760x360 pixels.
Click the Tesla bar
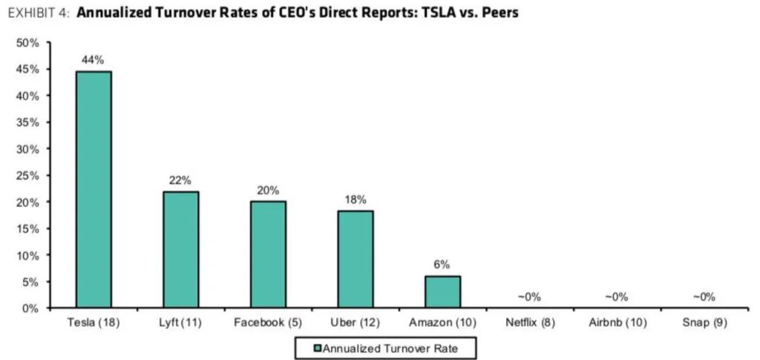click(93, 189)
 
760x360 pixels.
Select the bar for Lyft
click(180, 249)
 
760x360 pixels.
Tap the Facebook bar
click(268, 255)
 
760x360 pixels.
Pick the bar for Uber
click(356, 259)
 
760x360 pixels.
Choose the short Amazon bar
click(443, 292)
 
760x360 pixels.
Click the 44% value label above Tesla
click(93, 59)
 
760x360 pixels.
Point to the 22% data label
click(180, 180)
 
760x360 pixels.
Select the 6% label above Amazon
click(443, 265)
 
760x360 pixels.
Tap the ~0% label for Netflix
click(529, 297)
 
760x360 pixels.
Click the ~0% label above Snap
click(704, 297)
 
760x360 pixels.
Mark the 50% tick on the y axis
click(27, 43)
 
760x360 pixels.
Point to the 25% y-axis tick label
click(27, 175)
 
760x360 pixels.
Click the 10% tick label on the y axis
click(27, 255)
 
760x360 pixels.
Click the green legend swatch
click(317, 346)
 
